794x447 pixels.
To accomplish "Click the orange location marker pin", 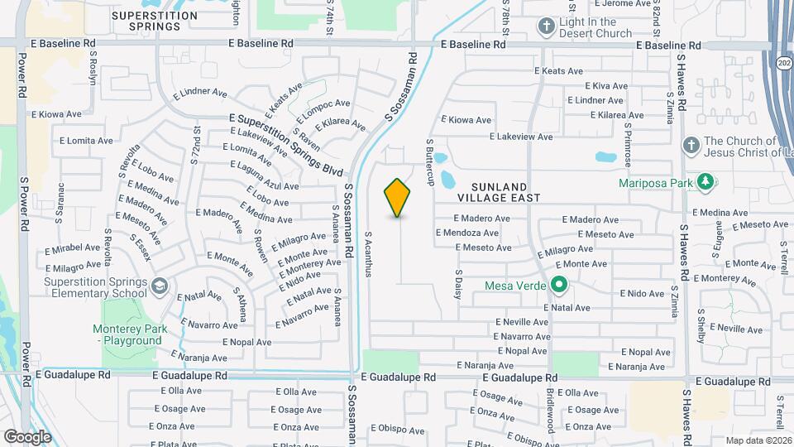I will click(397, 198).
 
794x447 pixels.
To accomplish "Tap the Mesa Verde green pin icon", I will click(558, 286).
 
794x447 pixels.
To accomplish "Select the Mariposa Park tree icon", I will click(705, 181).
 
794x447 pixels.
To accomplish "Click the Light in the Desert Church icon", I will click(545, 27).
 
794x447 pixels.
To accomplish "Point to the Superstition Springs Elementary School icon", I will click(159, 286).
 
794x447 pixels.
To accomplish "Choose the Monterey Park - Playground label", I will click(131, 334).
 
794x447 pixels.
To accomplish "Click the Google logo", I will click(27, 436).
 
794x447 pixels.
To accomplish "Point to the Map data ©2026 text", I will click(758, 440).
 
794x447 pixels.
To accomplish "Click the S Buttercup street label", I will click(430, 161).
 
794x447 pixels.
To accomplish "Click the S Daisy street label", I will click(457, 282).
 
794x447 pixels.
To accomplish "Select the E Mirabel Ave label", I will click(73, 248).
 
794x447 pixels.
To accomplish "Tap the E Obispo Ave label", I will click(397, 430).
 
